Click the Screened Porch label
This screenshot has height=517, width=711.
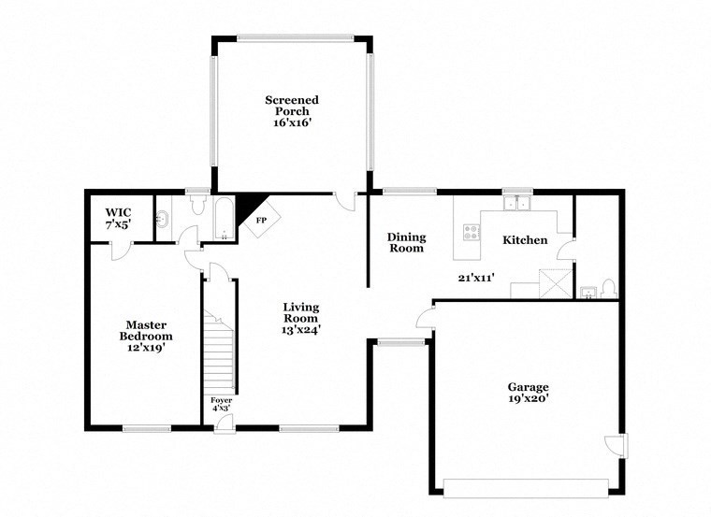292,105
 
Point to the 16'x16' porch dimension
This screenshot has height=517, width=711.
292,122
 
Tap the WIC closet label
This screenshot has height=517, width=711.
118,212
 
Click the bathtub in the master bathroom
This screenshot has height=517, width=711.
225,221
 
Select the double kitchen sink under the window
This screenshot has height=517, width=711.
515,203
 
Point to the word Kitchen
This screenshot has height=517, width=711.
525,240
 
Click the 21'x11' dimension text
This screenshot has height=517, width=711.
475,277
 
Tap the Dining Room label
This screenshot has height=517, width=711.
406,242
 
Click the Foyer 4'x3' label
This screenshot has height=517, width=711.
221,403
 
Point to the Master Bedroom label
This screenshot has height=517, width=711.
147,336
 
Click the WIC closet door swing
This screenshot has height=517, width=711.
120,251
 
